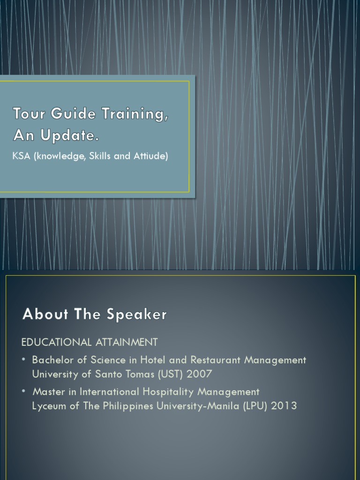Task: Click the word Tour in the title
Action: [x=27, y=114]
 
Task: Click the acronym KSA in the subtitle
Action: [x=21, y=157]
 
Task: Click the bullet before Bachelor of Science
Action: [x=24, y=360]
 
